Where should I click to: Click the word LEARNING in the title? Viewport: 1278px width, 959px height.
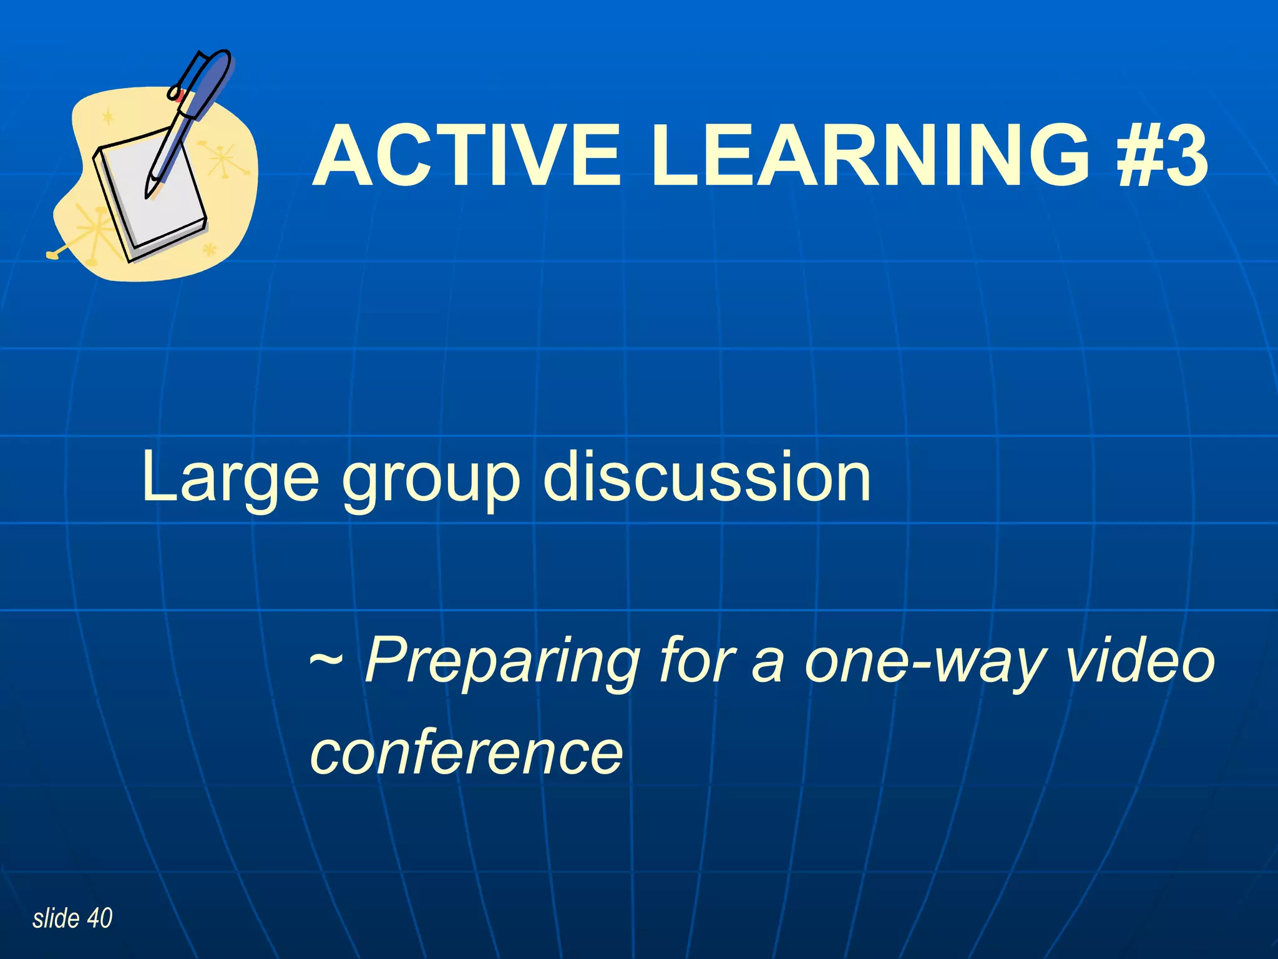(870, 156)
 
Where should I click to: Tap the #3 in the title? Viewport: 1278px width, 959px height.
(1163, 156)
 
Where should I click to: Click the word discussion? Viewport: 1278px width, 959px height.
(706, 477)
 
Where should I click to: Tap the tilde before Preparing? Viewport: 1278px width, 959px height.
(326, 659)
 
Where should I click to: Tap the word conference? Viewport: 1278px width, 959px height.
(467, 752)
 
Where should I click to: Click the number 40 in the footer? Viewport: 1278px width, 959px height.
(100, 918)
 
